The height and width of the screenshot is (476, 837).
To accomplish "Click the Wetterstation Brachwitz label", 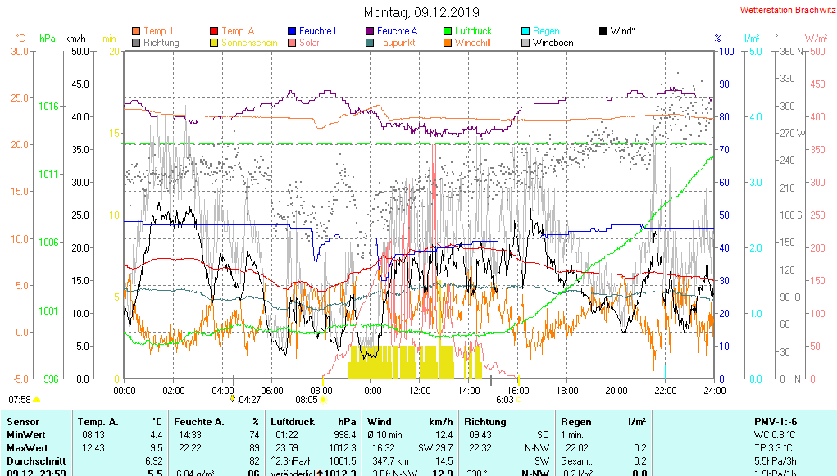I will (x=786, y=10).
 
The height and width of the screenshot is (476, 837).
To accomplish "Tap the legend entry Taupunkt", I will (x=397, y=43).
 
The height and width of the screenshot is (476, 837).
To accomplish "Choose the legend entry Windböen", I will (x=553, y=43).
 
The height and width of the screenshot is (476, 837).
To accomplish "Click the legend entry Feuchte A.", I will (x=398, y=31).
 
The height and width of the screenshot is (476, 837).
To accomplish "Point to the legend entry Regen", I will (x=547, y=31).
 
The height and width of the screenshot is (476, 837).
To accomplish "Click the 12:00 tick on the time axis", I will (x=420, y=390).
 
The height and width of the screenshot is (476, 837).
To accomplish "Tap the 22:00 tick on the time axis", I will (x=666, y=390).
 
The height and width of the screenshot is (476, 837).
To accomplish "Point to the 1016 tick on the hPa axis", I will (x=48, y=106).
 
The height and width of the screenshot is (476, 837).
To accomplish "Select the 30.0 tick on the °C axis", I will (x=20, y=51).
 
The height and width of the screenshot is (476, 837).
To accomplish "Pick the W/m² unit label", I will (x=815, y=38).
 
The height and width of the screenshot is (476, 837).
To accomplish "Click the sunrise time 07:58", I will (x=20, y=400).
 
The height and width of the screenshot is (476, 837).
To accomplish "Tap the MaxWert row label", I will (x=27, y=448).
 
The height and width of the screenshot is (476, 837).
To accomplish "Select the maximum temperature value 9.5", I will (x=157, y=448).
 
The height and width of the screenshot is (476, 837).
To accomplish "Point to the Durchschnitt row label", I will (x=34, y=461).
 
